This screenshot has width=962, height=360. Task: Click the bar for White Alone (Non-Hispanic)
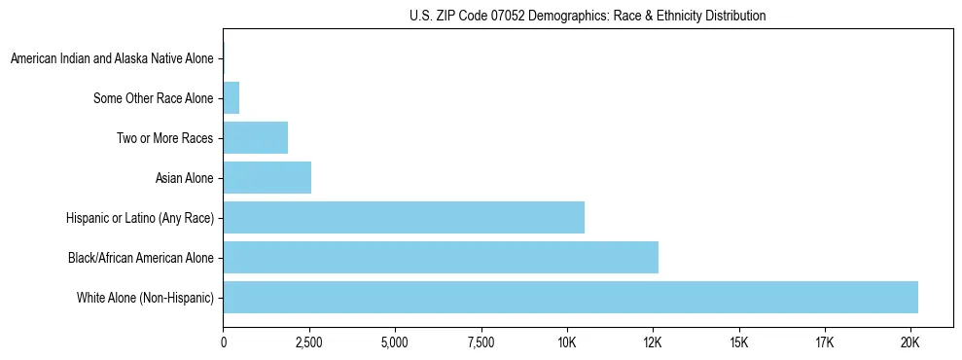[x=570, y=298]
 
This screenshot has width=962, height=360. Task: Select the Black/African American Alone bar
[x=441, y=258]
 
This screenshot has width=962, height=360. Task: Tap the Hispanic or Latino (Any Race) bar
[x=404, y=218]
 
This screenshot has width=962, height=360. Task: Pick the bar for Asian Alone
[x=267, y=178]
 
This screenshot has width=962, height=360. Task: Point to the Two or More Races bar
[x=255, y=138]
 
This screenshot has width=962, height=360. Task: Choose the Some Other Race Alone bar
[x=231, y=98]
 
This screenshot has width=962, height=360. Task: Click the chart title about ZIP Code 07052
[x=588, y=16]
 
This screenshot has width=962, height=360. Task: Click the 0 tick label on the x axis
[x=223, y=342]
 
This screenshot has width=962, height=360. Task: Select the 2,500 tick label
[x=308, y=342]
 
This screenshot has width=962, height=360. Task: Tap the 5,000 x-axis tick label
[x=395, y=342]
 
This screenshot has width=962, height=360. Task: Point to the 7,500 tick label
[x=481, y=342]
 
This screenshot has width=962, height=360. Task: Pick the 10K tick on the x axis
[x=566, y=342]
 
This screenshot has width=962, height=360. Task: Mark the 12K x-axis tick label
[x=652, y=342]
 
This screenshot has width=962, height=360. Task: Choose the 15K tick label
[x=738, y=342]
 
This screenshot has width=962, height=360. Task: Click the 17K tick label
[x=824, y=342]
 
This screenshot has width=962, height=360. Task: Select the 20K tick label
[x=909, y=342]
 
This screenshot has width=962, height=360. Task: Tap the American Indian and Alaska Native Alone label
[x=112, y=59]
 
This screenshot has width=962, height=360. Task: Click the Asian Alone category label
[x=184, y=178]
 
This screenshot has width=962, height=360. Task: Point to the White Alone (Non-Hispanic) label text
[x=145, y=298]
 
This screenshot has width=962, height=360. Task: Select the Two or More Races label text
[x=164, y=138]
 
